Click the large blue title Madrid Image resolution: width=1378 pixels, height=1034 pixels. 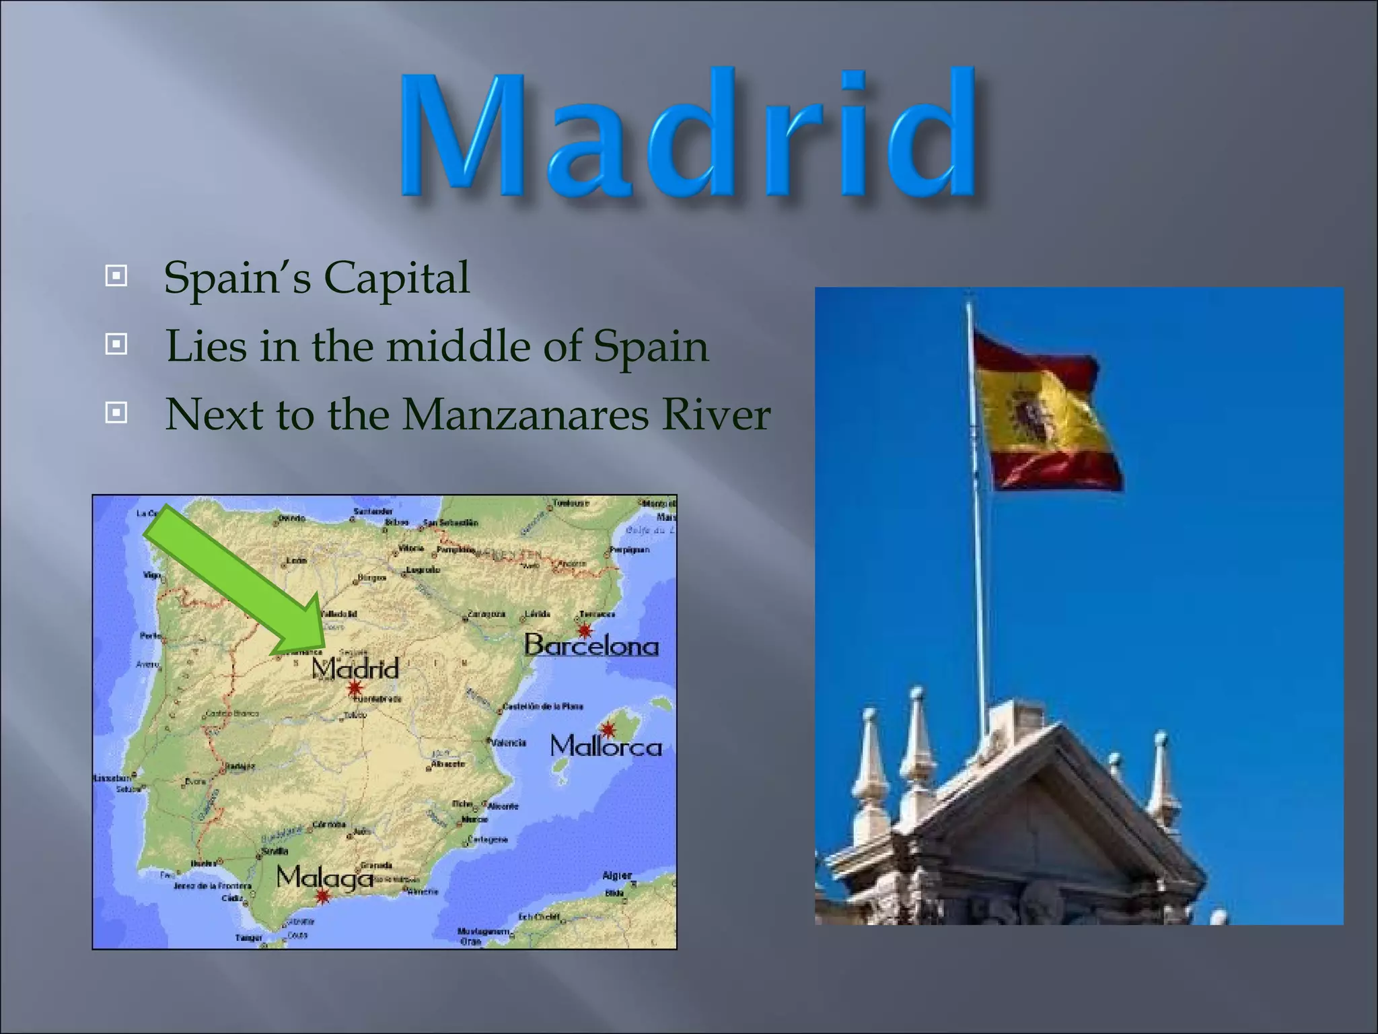(689, 135)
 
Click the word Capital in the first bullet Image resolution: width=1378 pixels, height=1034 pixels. (397, 278)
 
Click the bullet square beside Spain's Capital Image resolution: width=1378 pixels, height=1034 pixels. (116, 275)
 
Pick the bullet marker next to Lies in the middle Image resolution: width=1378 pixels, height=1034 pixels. (116, 345)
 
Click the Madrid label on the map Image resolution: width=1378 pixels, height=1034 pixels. (355, 668)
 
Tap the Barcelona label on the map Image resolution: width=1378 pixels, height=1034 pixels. (591, 646)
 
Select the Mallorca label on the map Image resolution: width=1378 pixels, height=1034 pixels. (606, 747)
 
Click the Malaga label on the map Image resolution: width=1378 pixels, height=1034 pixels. (324, 877)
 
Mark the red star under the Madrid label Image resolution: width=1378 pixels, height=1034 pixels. (355, 689)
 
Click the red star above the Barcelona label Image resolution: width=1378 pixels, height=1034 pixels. (585, 631)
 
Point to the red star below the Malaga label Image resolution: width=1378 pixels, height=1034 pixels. (324, 896)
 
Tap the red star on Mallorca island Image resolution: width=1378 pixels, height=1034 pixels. (608, 730)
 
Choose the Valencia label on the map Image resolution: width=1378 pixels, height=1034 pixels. (508, 743)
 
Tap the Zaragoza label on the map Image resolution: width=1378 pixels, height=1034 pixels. (486, 615)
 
